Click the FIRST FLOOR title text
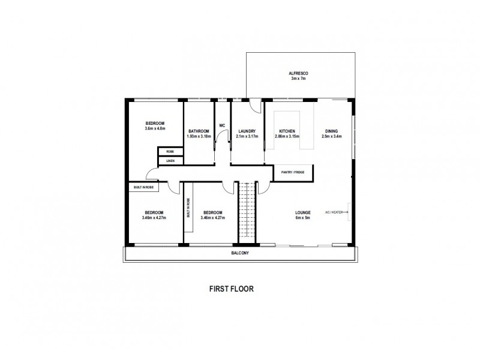coord(231,288)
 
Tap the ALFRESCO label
coord(298,73)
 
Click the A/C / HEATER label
coord(334,212)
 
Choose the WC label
coord(222,125)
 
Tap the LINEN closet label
coord(170,161)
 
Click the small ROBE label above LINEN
coord(170,152)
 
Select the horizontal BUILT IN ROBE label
coord(142,188)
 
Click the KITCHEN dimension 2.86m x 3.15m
coord(287,136)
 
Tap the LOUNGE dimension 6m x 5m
coord(302,217)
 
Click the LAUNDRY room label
coord(247,131)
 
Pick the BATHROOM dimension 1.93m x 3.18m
coord(198,136)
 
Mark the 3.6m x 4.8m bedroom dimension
coord(155,128)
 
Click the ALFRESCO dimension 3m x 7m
coord(298,79)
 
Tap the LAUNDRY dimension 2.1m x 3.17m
coord(247,136)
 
